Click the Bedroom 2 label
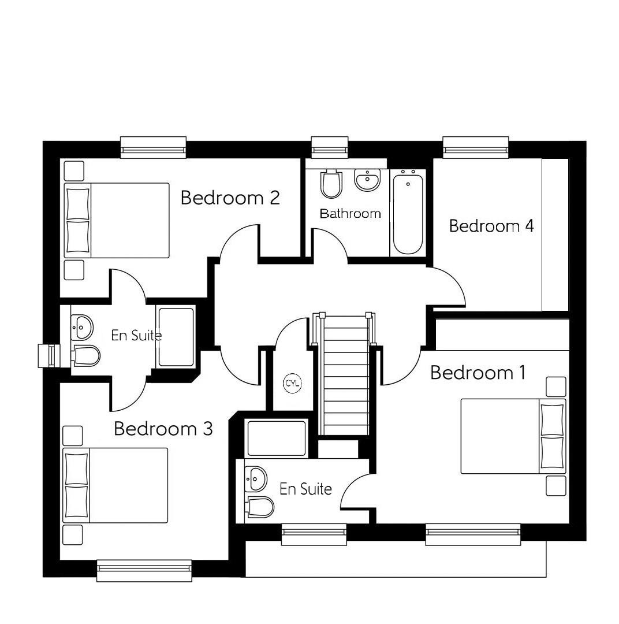(x=230, y=198)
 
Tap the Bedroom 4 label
(x=491, y=225)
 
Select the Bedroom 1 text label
(x=478, y=373)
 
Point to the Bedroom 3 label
(x=163, y=429)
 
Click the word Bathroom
(x=350, y=214)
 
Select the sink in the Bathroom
(x=367, y=180)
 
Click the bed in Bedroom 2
(x=117, y=220)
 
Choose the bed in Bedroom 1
(x=513, y=436)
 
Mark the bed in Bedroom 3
(x=115, y=485)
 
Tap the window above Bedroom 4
(x=475, y=148)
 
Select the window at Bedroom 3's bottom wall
(x=144, y=570)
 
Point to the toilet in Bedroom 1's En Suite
(x=259, y=507)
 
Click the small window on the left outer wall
(x=46, y=355)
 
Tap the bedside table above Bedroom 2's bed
(x=73, y=171)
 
